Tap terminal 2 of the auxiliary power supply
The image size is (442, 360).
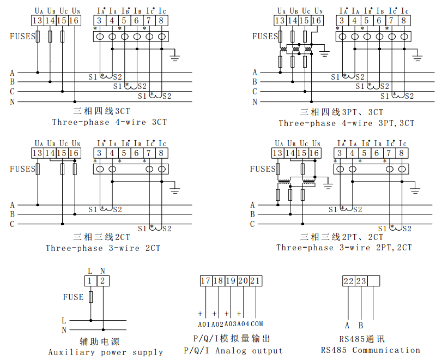[x=102, y=281]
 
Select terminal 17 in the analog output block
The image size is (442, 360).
[x=205, y=281]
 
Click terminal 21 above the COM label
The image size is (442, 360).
[x=256, y=281]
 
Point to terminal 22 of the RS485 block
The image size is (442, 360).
[x=348, y=281]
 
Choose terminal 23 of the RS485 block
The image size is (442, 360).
[x=361, y=281]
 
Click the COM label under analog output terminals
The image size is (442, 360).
[x=257, y=324]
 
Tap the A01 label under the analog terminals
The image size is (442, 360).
[x=204, y=324]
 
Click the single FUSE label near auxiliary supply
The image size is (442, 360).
[x=73, y=297]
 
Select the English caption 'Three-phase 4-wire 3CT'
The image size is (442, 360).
[x=110, y=122]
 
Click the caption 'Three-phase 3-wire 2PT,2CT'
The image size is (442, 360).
[x=344, y=248]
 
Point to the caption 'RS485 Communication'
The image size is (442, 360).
[x=371, y=350]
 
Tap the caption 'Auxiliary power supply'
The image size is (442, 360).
[x=105, y=352]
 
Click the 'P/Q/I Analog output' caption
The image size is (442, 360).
[x=233, y=351]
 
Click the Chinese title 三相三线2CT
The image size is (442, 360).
[x=102, y=237]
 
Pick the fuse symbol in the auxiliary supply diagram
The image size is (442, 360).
[x=90, y=297]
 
